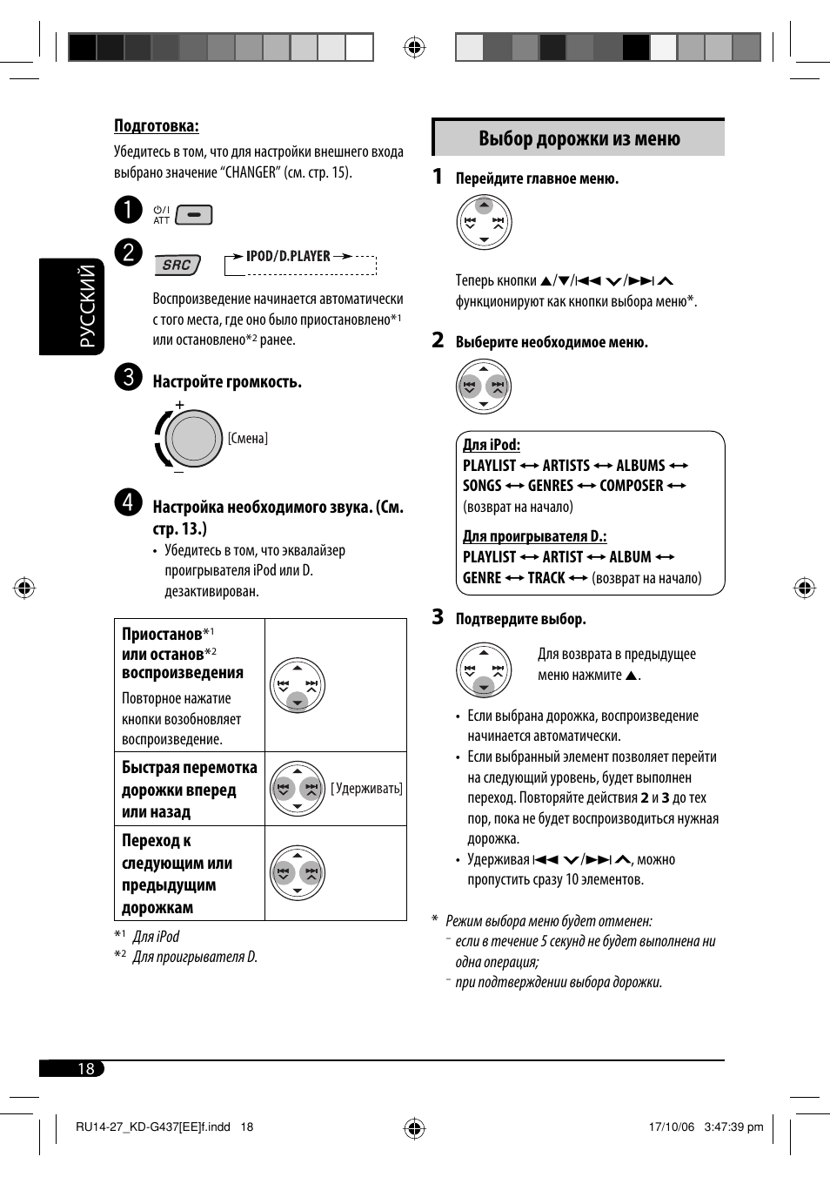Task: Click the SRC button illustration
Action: point(177,265)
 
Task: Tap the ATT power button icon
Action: point(193,214)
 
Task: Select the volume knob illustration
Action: point(192,438)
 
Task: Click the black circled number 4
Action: point(128,502)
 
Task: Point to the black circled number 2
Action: point(128,252)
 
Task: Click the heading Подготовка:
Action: point(157,126)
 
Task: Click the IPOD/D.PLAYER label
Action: point(288,256)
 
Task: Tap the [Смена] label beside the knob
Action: point(248,438)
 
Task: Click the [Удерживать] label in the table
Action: point(366,789)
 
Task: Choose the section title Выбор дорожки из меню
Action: point(579,138)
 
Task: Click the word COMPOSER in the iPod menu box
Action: point(632,486)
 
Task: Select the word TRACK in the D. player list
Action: point(546,578)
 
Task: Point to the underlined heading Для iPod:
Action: point(492,445)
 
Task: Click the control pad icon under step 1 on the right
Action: point(485,222)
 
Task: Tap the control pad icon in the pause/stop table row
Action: point(298,685)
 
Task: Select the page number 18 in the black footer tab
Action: point(85,1068)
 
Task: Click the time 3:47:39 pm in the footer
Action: point(733,1127)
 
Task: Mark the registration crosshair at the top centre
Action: point(415,47)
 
